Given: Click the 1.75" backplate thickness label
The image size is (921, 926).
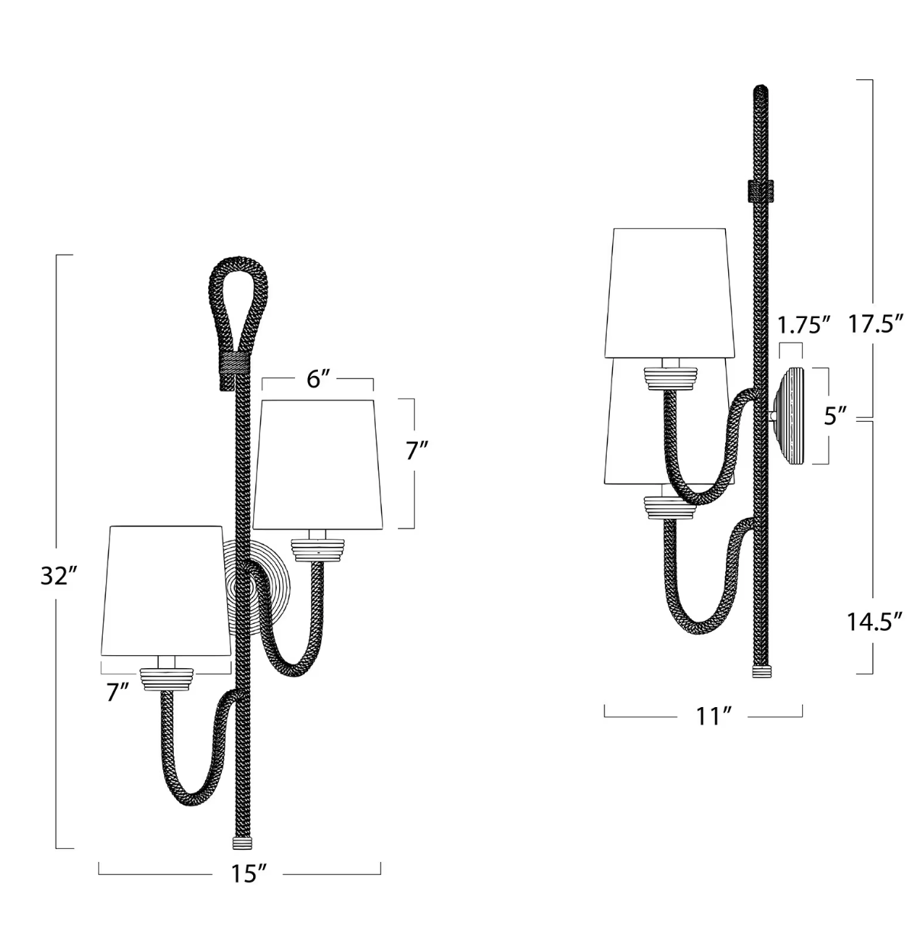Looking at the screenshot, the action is pos(804,326).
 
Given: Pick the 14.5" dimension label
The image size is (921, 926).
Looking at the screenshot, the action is pos(874,622).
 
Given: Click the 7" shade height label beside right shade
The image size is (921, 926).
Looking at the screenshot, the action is pos(416,450).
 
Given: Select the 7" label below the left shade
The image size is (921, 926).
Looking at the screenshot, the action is pos(118,693).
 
